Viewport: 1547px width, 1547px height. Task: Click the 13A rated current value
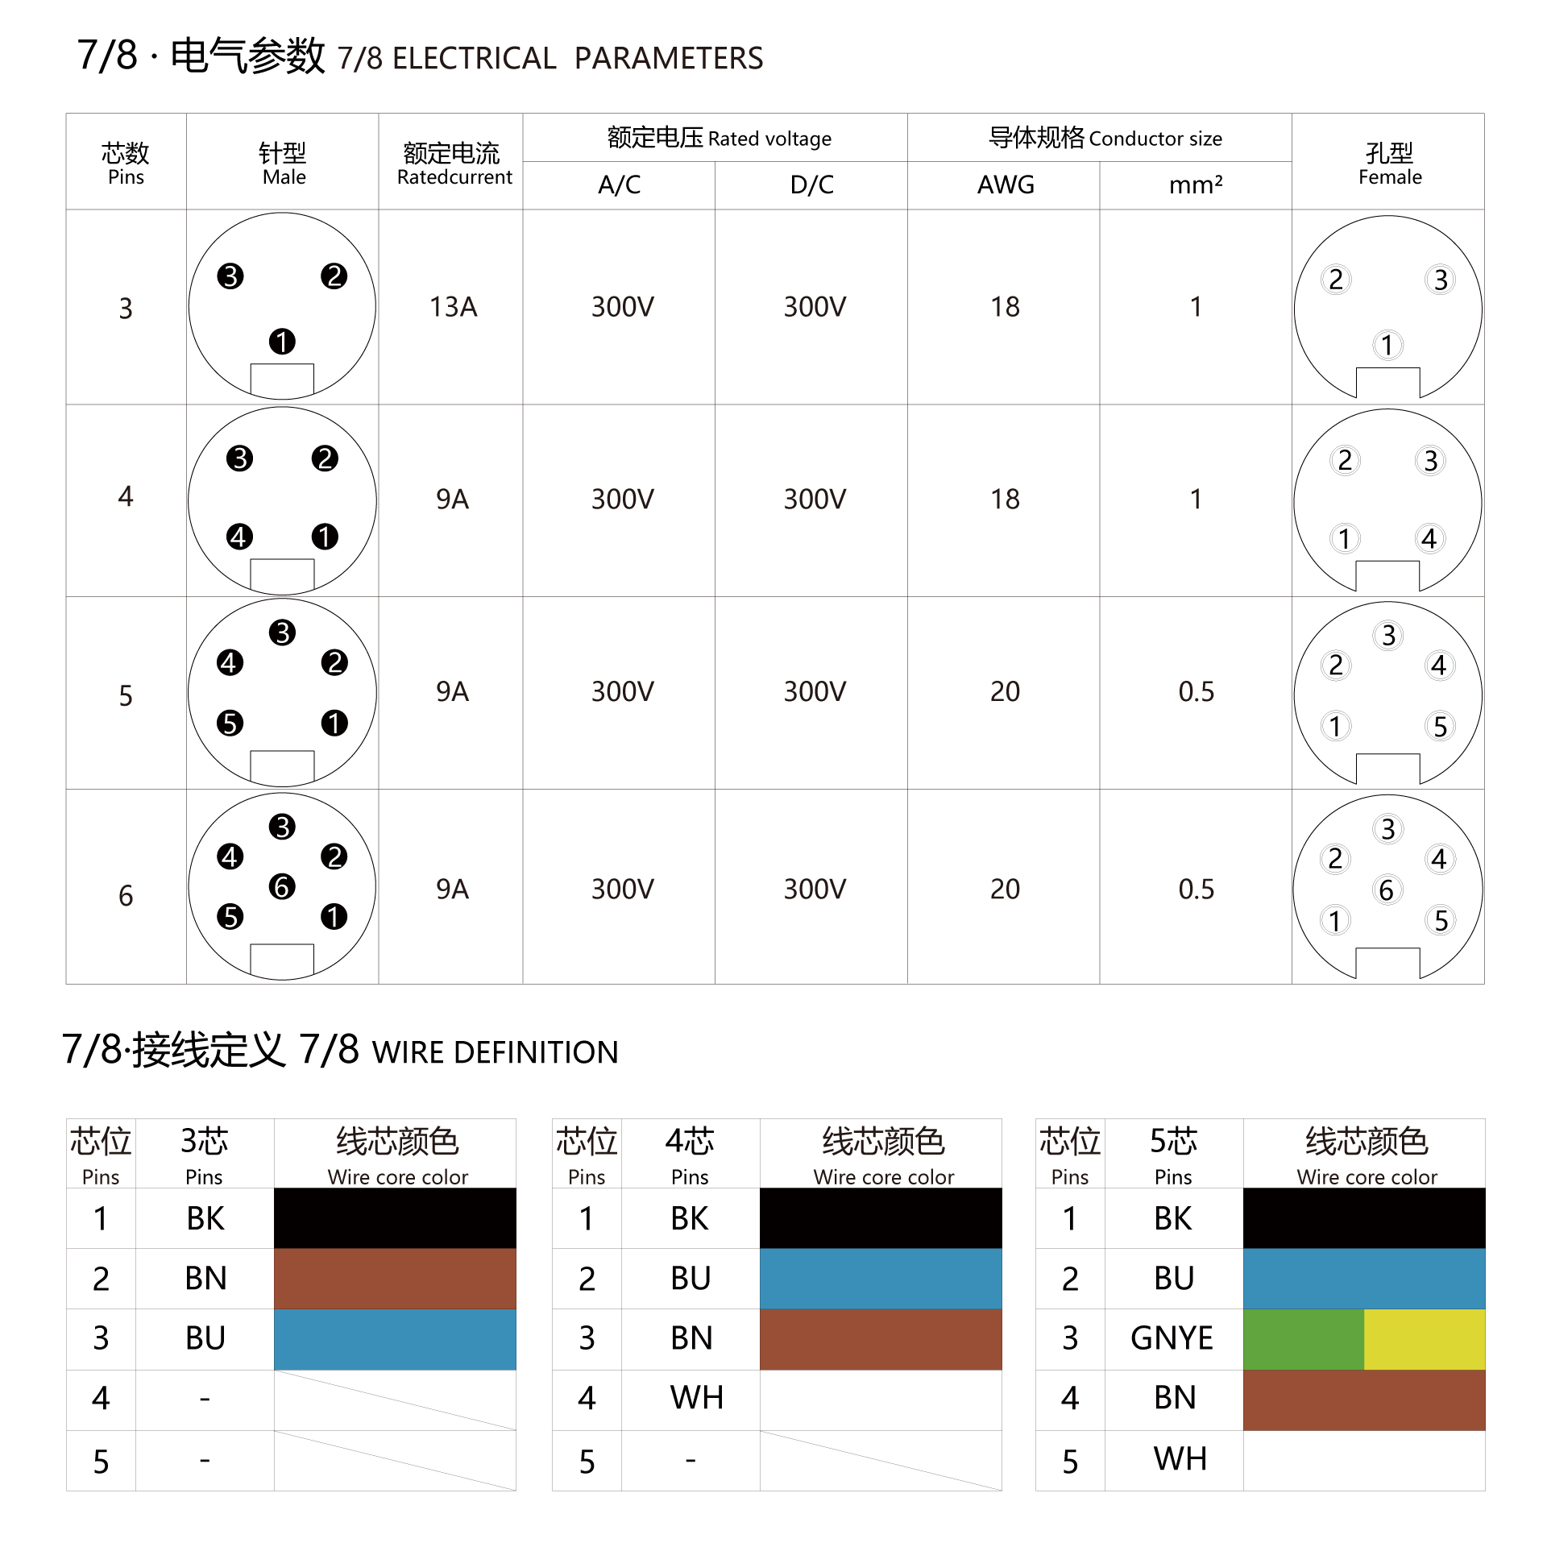click(x=453, y=307)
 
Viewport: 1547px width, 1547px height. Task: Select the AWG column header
click(x=1005, y=185)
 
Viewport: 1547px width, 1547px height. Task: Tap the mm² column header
click(x=1196, y=185)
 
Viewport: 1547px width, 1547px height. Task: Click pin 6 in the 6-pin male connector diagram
click(x=282, y=887)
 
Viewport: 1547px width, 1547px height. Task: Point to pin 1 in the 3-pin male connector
click(x=282, y=342)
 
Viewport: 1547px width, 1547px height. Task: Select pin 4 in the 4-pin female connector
click(x=1429, y=538)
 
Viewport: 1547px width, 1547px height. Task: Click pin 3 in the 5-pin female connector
click(x=1388, y=636)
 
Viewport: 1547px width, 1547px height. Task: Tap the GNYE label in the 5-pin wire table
click(x=1172, y=1338)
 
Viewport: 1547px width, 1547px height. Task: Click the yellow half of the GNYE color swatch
click(x=1424, y=1339)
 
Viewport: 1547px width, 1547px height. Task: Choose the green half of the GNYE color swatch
click(x=1303, y=1339)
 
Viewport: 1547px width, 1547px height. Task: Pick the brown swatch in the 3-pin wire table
click(x=395, y=1279)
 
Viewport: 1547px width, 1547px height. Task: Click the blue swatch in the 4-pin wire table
click(x=881, y=1279)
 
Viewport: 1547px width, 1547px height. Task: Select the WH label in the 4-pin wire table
click(x=696, y=1398)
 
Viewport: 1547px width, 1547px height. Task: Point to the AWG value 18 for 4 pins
click(x=1005, y=500)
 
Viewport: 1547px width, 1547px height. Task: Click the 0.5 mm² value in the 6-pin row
click(x=1196, y=890)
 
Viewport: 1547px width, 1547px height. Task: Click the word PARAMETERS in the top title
click(x=668, y=59)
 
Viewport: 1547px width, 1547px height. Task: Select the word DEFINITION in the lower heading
click(x=537, y=1052)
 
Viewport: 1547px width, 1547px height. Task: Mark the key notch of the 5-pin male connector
click(x=282, y=766)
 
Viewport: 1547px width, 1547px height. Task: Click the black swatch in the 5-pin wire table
click(x=1363, y=1218)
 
